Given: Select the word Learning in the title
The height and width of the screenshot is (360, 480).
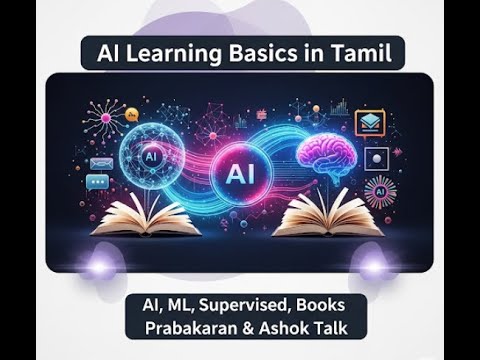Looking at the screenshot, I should (x=175, y=53).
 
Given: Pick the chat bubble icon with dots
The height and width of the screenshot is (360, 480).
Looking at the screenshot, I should (x=97, y=182).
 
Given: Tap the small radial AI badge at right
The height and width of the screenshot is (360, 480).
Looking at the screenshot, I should (x=380, y=190).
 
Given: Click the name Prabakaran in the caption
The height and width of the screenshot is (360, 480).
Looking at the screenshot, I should (x=195, y=327).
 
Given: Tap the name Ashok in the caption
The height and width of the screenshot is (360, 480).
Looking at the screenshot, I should (x=291, y=327).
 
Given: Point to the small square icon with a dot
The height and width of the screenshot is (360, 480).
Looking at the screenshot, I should (x=376, y=157).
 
